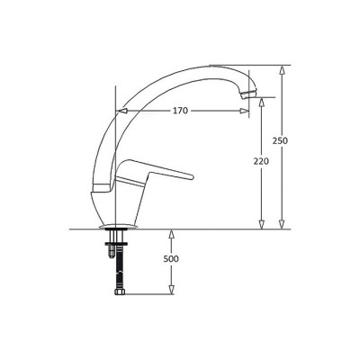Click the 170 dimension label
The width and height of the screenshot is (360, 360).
(x=180, y=111)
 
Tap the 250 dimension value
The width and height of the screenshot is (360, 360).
(x=280, y=140)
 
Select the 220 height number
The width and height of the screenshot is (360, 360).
(x=261, y=161)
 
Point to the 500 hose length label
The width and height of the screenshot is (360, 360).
(x=171, y=258)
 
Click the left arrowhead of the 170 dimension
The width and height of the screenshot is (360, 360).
(x=123, y=111)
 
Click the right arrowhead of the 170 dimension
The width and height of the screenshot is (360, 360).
(x=244, y=111)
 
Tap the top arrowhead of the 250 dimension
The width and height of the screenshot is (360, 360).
(x=282, y=70)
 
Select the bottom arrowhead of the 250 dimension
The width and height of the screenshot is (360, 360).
(x=282, y=224)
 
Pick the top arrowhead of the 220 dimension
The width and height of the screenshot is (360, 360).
(x=262, y=103)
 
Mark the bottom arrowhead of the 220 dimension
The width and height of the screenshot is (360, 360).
(x=262, y=224)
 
